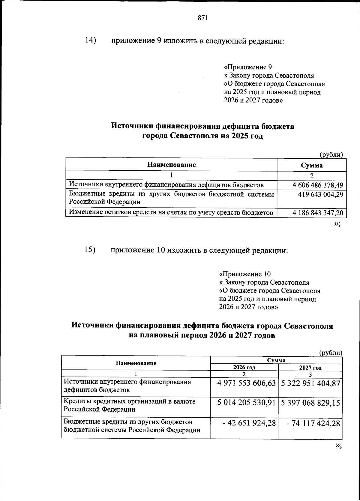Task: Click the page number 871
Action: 203,18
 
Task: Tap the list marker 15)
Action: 90,250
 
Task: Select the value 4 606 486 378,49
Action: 318,185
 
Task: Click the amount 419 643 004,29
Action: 320,194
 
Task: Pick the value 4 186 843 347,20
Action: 318,213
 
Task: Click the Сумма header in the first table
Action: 312,165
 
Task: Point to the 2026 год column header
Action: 244,367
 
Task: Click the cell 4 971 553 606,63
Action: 246,383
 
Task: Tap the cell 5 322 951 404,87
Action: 310,383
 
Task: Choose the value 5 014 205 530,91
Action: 246,403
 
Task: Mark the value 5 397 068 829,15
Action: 310,403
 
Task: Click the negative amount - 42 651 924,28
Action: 249,423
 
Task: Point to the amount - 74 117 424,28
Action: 313,423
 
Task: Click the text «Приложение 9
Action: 248,67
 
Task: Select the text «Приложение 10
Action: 245,274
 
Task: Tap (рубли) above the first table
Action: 331,154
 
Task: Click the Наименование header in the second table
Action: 136,363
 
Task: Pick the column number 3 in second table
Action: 310,374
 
